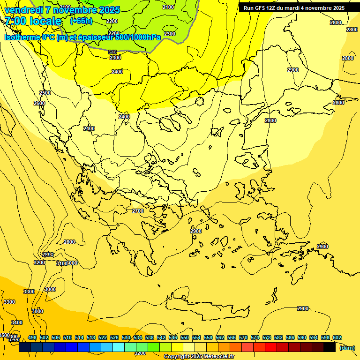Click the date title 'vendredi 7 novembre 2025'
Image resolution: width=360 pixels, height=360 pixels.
tap(62, 10)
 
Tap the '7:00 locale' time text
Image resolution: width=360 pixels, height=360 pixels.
tap(33, 21)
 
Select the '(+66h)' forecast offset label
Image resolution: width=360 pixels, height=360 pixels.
tap(81, 21)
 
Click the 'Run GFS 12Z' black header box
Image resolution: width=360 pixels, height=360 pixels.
tap(294, 8)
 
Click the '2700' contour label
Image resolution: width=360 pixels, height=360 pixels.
tap(138, 211)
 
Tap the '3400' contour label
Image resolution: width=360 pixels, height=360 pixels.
tap(17, 322)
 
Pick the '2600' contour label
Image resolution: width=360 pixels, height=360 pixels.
tap(39, 103)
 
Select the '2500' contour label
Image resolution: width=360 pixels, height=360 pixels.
tap(45, 93)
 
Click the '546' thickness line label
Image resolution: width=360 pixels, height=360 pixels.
tap(112, 52)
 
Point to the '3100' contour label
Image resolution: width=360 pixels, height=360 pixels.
tap(61, 264)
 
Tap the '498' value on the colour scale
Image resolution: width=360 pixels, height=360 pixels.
tap(32, 337)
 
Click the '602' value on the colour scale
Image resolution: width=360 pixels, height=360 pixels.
tap(337, 337)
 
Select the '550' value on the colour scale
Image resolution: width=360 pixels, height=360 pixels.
tap(185, 337)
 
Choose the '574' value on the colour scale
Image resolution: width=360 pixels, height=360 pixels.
tap(255, 337)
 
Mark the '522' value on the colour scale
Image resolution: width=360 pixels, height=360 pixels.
tap(103, 337)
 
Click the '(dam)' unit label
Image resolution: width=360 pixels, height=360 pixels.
tap(347, 347)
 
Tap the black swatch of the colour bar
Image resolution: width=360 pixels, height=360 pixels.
tap(329, 347)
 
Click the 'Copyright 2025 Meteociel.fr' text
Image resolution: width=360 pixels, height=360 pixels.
tap(199, 356)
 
